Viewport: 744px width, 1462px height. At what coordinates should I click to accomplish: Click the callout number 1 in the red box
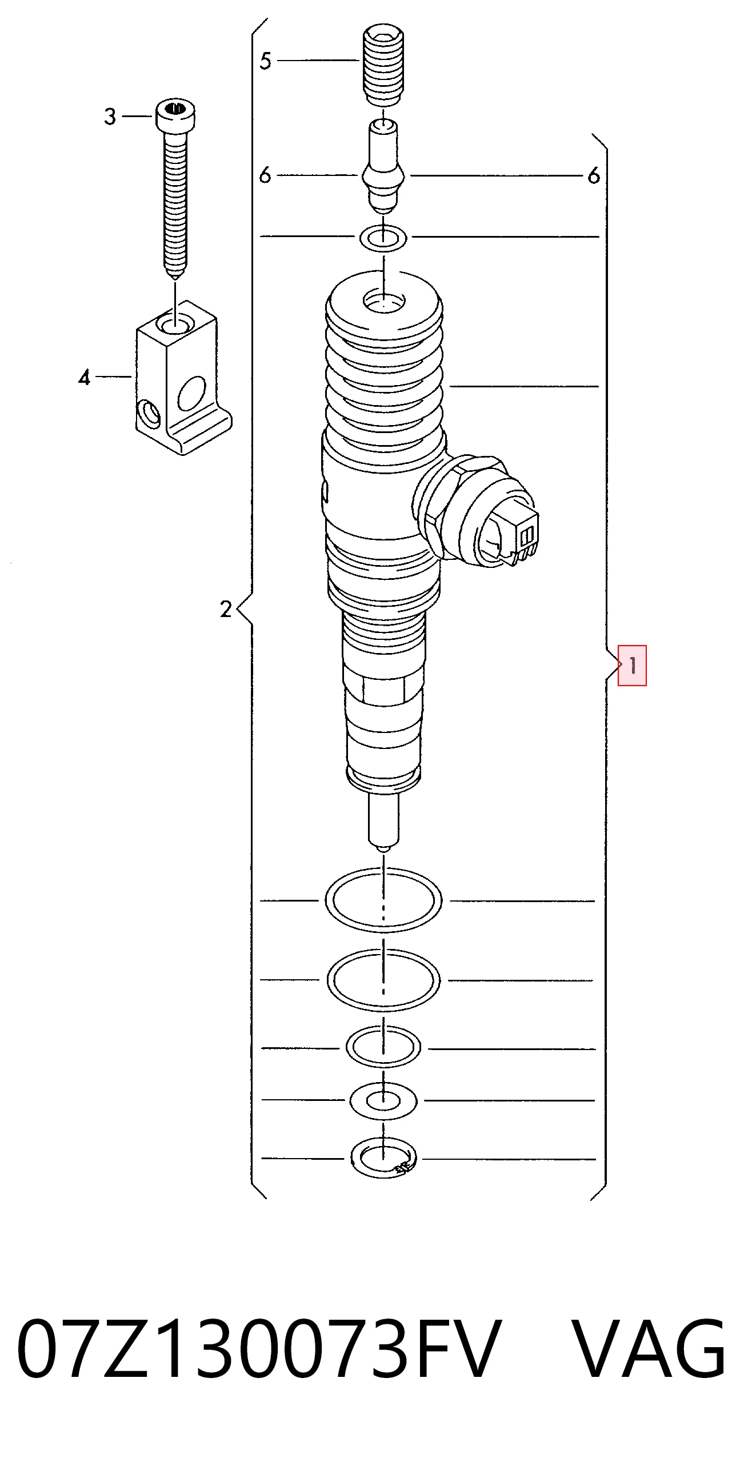(x=633, y=666)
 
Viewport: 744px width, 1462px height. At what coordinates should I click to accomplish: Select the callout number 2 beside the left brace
(x=226, y=609)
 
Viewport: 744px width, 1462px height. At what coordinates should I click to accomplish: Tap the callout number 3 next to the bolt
(x=110, y=117)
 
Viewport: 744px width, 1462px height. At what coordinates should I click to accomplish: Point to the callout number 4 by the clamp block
(x=85, y=378)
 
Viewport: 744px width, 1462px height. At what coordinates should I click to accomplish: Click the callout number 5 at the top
(x=265, y=61)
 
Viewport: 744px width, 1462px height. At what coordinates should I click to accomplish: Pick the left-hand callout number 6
(x=265, y=175)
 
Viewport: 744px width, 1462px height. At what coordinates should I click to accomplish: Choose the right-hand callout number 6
(x=594, y=175)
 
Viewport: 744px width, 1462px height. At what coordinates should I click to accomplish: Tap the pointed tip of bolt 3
(x=175, y=277)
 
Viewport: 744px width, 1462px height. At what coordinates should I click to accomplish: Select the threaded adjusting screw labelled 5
(x=384, y=65)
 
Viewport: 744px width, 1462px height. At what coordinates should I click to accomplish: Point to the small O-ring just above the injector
(x=383, y=238)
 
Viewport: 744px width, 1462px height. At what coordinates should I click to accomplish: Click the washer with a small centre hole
(x=383, y=1100)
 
